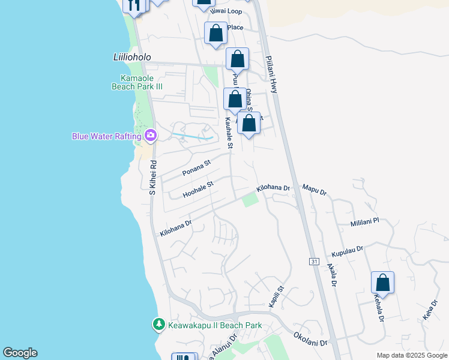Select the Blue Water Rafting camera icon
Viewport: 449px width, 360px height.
click(x=150, y=136)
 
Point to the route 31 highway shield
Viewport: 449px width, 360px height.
click(x=314, y=262)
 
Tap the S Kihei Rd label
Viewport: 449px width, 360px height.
click(x=153, y=177)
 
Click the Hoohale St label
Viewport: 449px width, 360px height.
click(x=198, y=190)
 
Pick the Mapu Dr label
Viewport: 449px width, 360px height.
click(x=315, y=191)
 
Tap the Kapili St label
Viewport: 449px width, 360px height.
click(x=276, y=297)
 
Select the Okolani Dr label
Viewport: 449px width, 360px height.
click(x=311, y=339)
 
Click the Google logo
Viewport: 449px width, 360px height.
click(x=20, y=353)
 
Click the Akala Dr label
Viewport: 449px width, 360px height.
click(x=331, y=275)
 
